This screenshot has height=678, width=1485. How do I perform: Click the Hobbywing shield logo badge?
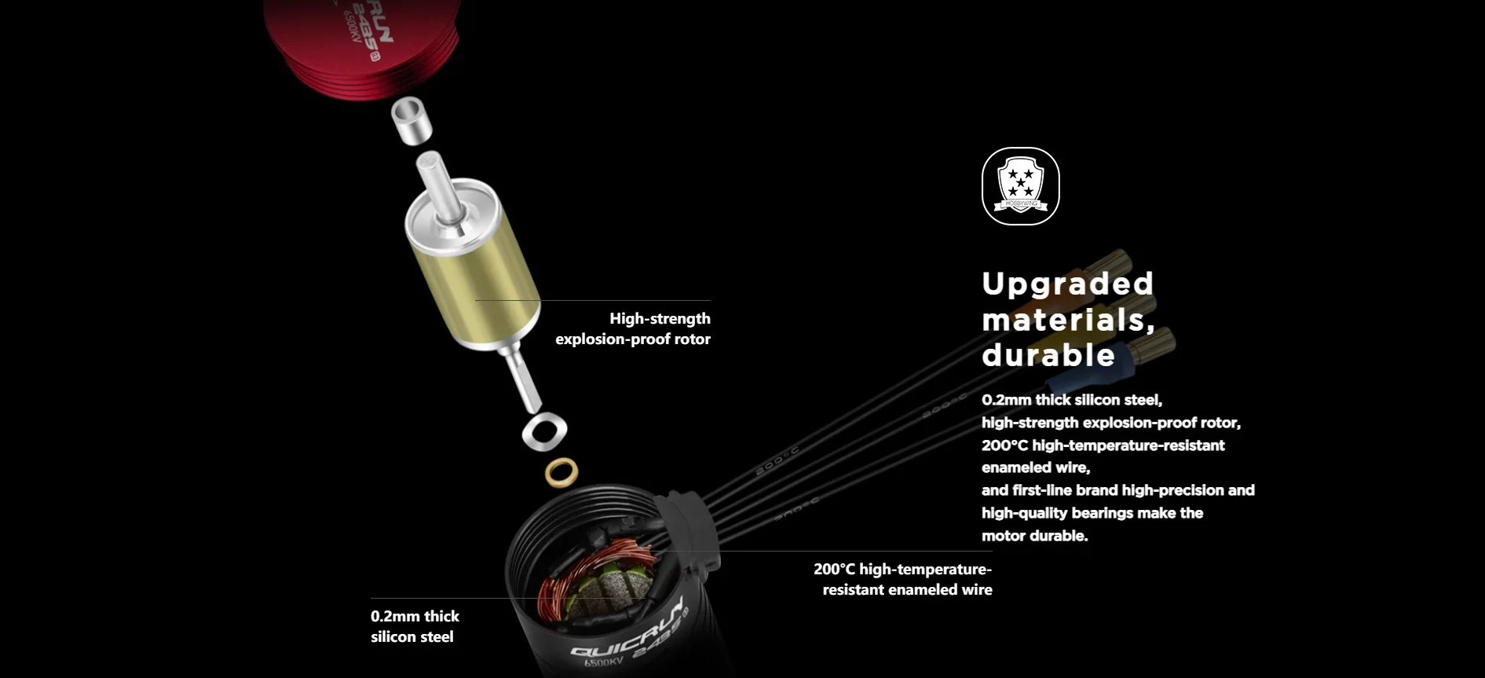pyautogui.click(x=1020, y=186)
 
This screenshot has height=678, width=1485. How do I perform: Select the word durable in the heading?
pyautogui.click(x=1048, y=355)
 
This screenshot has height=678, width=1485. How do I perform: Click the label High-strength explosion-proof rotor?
pyautogui.click(x=633, y=328)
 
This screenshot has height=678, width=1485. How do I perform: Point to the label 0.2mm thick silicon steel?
pyautogui.click(x=415, y=626)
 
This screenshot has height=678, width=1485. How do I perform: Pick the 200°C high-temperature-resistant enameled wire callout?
pyautogui.click(x=903, y=579)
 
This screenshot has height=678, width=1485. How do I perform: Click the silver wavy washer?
pyautogui.click(x=544, y=431)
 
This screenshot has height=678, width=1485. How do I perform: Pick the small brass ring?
pyautogui.click(x=561, y=473)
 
